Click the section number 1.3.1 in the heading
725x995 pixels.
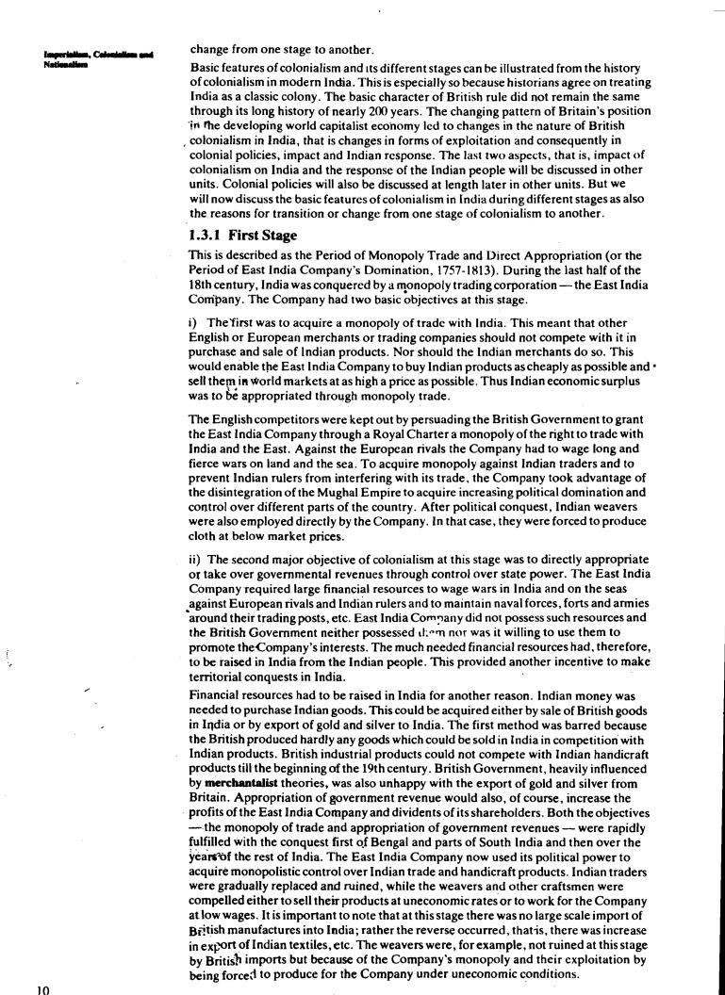pos(206,236)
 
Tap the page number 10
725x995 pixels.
pos(41,988)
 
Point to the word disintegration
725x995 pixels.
pos(232,491)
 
